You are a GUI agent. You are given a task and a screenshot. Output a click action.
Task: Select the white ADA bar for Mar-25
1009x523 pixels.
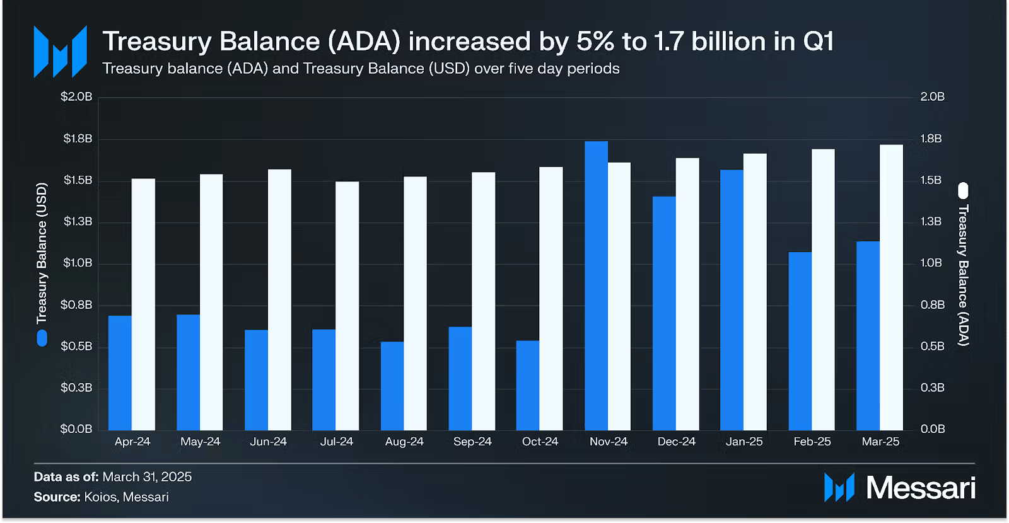pyautogui.click(x=891, y=287)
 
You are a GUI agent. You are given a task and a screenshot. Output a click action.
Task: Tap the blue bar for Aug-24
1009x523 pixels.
pyautogui.click(x=392, y=386)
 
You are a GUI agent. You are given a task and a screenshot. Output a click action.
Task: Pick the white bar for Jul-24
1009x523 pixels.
pyautogui.click(x=347, y=306)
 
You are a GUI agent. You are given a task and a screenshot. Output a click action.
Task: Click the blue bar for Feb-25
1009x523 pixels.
pyautogui.click(x=800, y=341)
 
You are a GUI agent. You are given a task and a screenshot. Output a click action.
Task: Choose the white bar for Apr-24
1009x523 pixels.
pyautogui.click(x=143, y=304)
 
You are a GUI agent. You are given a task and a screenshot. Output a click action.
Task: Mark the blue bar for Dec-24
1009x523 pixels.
pyautogui.click(x=664, y=313)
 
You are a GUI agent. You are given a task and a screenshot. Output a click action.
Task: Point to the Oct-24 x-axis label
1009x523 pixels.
pyautogui.click(x=540, y=442)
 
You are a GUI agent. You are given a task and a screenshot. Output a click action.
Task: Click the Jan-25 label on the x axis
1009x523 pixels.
pyautogui.click(x=744, y=442)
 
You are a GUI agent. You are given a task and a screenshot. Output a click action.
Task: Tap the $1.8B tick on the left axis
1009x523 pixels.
pyautogui.click(x=78, y=139)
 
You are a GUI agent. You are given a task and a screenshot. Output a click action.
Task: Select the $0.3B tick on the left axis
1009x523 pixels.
pyautogui.click(x=76, y=388)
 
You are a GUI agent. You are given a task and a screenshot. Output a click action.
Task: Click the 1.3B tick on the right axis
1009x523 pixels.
pyautogui.click(x=931, y=222)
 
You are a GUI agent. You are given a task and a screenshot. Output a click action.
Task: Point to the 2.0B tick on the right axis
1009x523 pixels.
pyautogui.click(x=932, y=97)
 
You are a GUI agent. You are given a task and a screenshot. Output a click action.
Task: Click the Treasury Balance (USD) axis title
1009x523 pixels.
pyautogui.click(x=42, y=253)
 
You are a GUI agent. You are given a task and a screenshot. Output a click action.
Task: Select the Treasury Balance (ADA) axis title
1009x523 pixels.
pyautogui.click(x=963, y=275)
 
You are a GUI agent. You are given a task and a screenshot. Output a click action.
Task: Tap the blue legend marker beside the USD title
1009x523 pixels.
pyautogui.click(x=42, y=338)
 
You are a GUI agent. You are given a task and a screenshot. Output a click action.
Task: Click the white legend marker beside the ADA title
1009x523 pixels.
pyautogui.click(x=963, y=190)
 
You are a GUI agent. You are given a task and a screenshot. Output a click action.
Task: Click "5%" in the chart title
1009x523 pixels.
pyautogui.click(x=595, y=42)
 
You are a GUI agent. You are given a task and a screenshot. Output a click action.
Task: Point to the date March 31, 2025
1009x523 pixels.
pyautogui.click(x=147, y=477)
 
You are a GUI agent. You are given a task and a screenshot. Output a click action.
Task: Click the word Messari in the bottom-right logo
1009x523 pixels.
pyautogui.click(x=921, y=488)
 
